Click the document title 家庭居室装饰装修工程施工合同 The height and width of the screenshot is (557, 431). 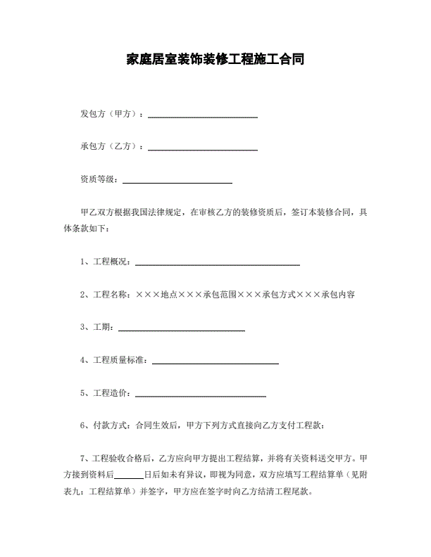pyautogui.click(x=215, y=59)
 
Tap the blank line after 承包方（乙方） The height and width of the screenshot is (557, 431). pyautogui.click(x=202, y=148)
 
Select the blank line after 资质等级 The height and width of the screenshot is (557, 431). pyautogui.click(x=177, y=181)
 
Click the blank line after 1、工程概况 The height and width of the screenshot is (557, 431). pyautogui.click(x=217, y=264)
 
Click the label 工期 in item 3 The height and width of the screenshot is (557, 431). pyautogui.click(x=103, y=327)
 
